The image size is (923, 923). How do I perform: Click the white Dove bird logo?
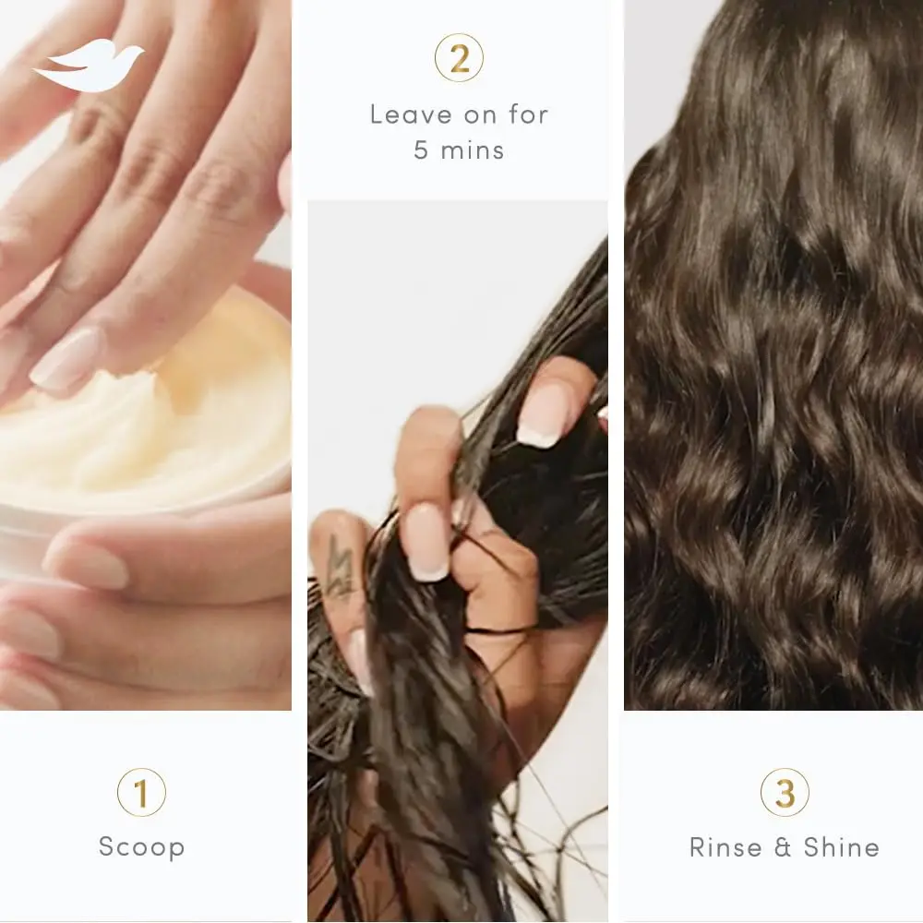pos(89,68)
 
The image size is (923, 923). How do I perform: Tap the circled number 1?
pos(141,793)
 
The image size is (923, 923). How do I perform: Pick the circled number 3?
pos(785,793)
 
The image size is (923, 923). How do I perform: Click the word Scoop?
pos(141,847)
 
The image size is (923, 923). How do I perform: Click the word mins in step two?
pos(472,150)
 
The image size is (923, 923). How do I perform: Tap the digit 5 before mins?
pos(422,150)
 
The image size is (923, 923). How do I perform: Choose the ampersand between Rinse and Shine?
pos(784,847)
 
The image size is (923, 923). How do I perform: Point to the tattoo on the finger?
pos(339,564)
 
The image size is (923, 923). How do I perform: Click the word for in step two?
pos(525,114)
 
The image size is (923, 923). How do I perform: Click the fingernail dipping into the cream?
pos(65,360)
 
